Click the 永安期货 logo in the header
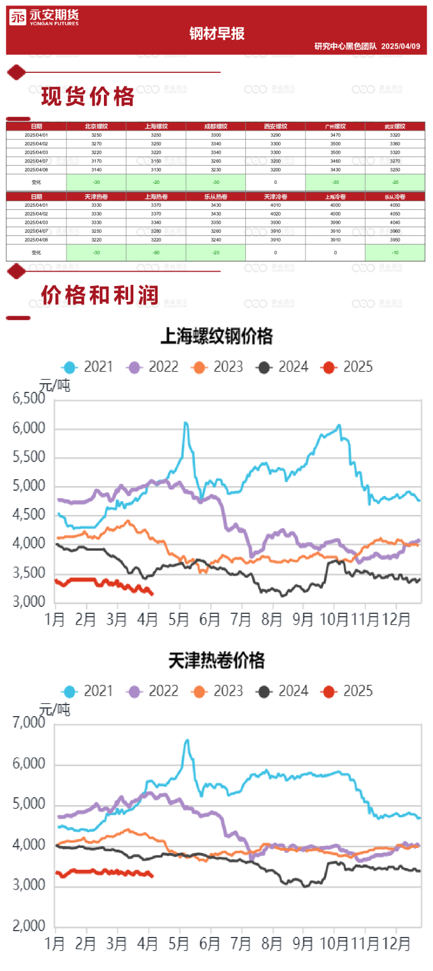pos(44,18)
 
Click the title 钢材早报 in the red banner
pos(217,34)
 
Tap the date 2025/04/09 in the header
pos(401,46)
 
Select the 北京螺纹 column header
pos(96,126)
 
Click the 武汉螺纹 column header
pos(395,126)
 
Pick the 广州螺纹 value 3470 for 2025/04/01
pos(335,135)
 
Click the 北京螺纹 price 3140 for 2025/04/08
pos(96,170)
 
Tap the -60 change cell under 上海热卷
pos(156,253)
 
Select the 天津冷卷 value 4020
pos(275,214)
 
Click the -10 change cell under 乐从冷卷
pos(395,253)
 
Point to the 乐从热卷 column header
pos(216,197)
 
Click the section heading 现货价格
pos(88,97)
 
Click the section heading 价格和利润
pos(100,295)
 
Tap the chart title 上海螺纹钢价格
pos(216,336)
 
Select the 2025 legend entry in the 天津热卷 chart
pos(348,691)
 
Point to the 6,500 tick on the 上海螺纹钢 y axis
pos(29,398)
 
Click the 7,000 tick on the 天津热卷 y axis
pos(29,722)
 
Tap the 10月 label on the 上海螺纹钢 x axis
pos(334,620)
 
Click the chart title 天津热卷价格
pos(216,661)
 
